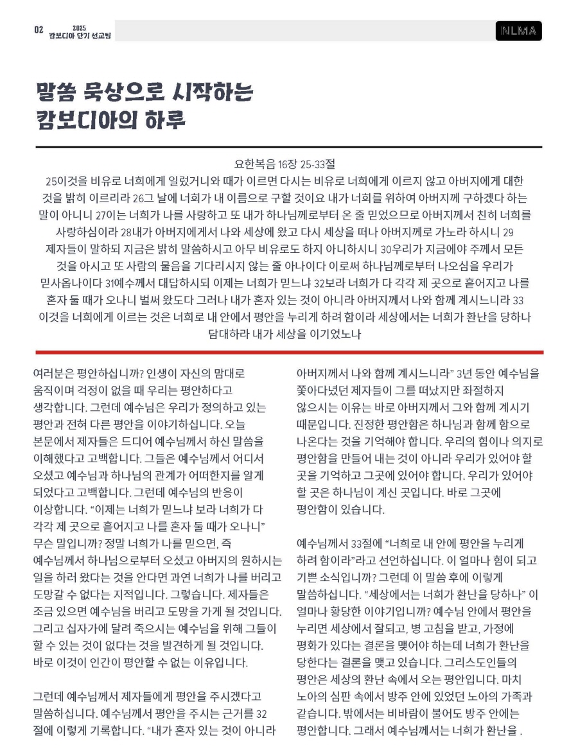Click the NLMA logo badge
coord(518,31)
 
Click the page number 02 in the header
coord(39,30)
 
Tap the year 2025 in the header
coord(79,28)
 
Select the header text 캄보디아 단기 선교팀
coord(80,35)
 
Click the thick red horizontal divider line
coord(289,352)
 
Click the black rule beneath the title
coord(289,147)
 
